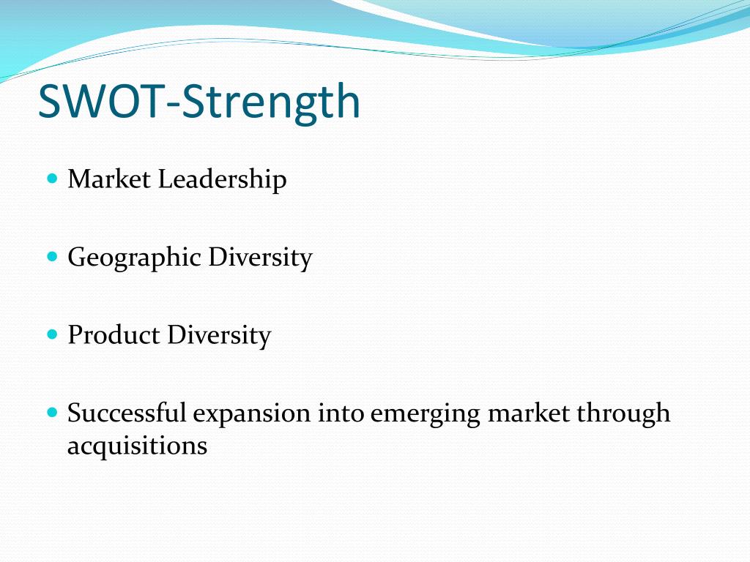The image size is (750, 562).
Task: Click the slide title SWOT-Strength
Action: tap(199, 102)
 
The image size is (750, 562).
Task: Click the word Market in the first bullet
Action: tap(109, 179)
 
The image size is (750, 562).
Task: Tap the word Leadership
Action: tap(223, 181)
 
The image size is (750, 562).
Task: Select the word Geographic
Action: tap(135, 258)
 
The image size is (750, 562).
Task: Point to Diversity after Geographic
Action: tap(260, 258)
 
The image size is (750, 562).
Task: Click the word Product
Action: tap(114, 335)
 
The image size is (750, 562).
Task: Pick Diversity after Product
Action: tap(219, 336)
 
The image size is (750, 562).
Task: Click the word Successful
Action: tap(127, 413)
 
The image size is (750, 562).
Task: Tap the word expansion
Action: tap(252, 415)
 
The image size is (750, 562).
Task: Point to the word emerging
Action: tap(425, 415)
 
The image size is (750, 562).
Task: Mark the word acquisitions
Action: tap(137, 447)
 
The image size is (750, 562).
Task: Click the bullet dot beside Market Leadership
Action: tap(53, 179)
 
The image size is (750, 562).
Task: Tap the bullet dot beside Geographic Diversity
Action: tap(53, 257)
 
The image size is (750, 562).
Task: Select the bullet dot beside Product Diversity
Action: tap(53, 334)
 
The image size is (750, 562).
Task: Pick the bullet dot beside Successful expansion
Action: tap(53, 413)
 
